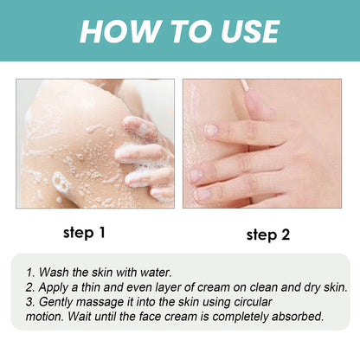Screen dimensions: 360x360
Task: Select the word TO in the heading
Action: point(179,31)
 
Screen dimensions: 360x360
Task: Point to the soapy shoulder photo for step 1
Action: point(95,143)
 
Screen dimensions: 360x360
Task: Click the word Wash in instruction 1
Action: point(55,271)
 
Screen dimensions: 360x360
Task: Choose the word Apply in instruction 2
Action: point(57,286)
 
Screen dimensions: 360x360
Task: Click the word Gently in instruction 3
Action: point(61,301)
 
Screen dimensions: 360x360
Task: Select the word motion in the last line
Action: point(45,316)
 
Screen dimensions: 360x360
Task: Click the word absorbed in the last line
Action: point(293,316)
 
